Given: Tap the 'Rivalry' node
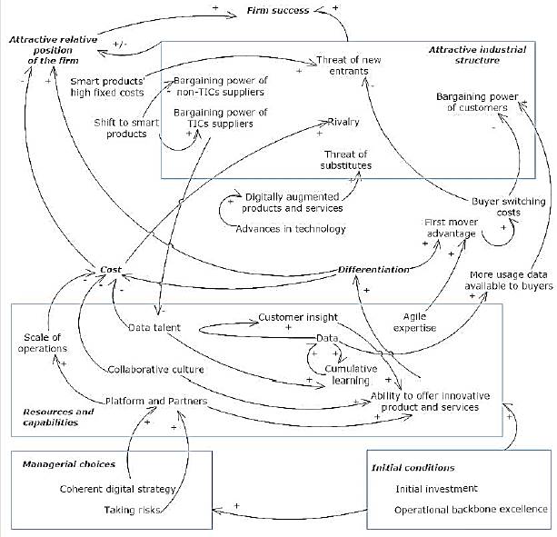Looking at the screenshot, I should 343,122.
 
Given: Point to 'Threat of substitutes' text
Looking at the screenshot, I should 341,159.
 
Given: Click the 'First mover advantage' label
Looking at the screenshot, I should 450,228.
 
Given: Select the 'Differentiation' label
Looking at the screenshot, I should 373,270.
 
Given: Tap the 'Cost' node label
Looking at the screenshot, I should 111,270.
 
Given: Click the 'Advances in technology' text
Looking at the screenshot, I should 291,228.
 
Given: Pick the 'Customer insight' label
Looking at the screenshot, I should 298,317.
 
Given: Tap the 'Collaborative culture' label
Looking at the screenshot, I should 154,370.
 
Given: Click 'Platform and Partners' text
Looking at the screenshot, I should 156,401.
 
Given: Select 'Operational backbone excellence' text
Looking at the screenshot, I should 471,509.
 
